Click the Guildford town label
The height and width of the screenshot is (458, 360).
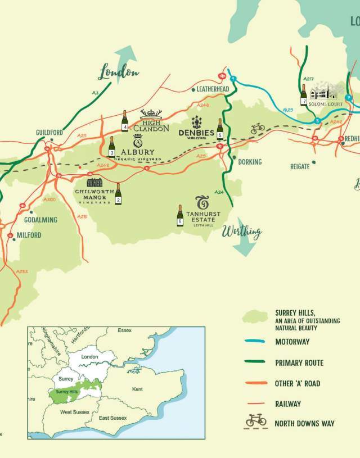pyautogui.click(x=48, y=132)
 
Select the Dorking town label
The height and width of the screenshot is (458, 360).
pyautogui.click(x=250, y=162)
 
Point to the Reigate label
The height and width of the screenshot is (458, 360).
pyautogui.click(x=299, y=166)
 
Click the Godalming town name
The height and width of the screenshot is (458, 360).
pyautogui.click(x=40, y=220)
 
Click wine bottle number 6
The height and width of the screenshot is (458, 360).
pyautogui.click(x=180, y=215)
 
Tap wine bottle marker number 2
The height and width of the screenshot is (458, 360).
pyautogui.click(x=118, y=194)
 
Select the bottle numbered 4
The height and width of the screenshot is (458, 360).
pyautogui.click(x=125, y=121)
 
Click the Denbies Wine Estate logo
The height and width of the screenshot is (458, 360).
pyautogui.click(x=196, y=127)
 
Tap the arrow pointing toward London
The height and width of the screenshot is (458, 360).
pyautogui.click(x=125, y=57)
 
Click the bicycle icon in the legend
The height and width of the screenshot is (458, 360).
pyautogui.click(x=255, y=421)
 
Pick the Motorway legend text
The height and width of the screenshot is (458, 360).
pyautogui.click(x=292, y=342)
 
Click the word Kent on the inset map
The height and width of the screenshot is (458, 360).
pyautogui.click(x=137, y=389)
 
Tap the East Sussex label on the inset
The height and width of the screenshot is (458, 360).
pyautogui.click(x=112, y=418)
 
